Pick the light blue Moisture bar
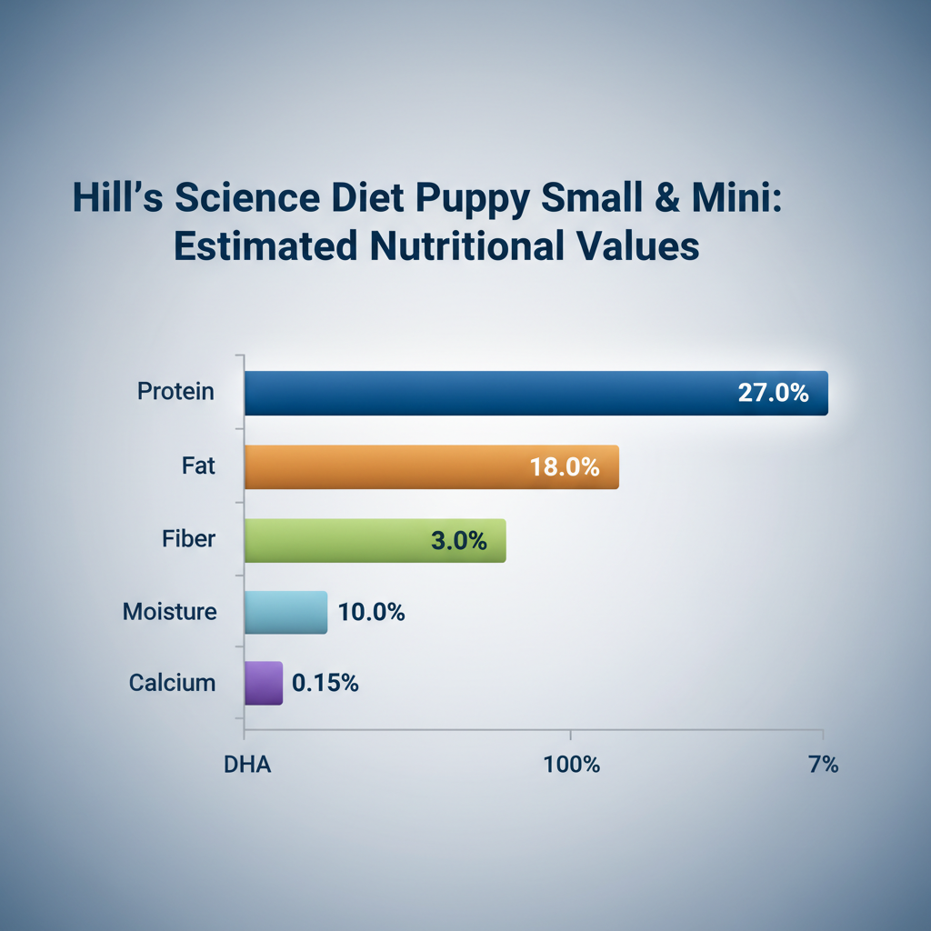285,612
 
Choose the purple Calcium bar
265,683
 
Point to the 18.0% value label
565,467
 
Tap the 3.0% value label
458,541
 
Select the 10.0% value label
371,613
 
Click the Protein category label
176,392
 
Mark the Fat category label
198,466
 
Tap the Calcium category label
173,683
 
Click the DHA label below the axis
247,764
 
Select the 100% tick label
572,764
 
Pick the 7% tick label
822,764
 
